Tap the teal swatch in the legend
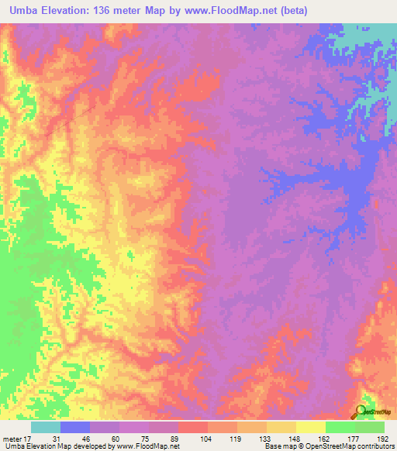46,427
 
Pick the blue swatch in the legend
75,427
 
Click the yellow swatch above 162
310,427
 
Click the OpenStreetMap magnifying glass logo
361,411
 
